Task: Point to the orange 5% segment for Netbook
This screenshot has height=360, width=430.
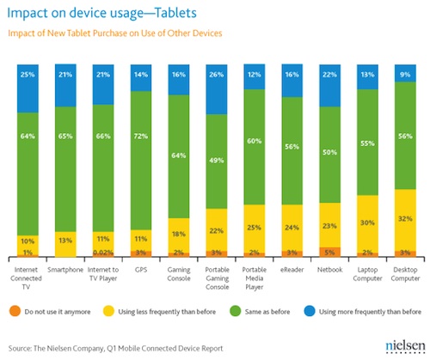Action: (330, 252)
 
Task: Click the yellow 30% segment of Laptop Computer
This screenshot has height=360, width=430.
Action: (368, 223)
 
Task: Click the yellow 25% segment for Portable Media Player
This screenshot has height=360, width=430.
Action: (255, 228)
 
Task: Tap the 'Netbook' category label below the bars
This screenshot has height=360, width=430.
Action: (330, 269)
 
